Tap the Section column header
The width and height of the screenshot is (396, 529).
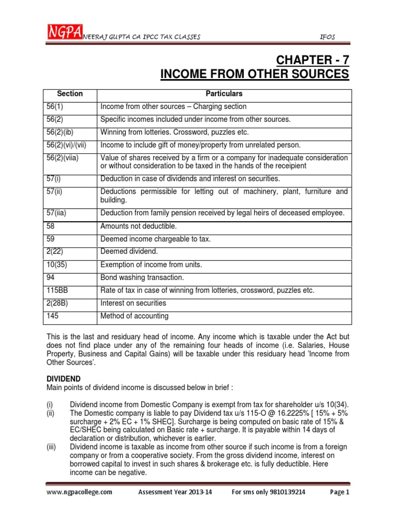[x=70, y=94]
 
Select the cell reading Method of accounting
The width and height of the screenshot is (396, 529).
[x=135, y=316]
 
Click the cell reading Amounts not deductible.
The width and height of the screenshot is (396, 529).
[x=139, y=226]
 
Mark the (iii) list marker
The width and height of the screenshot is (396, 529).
[x=52, y=446]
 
